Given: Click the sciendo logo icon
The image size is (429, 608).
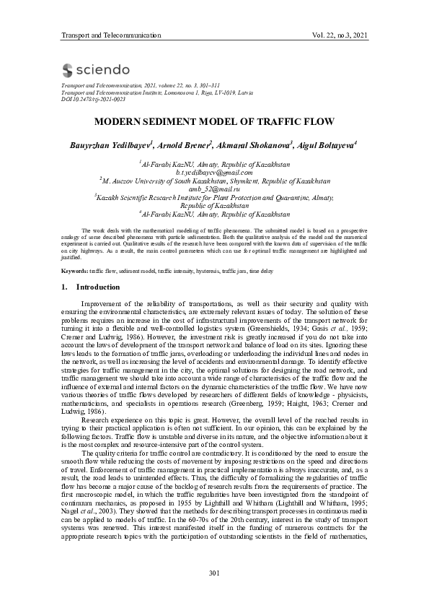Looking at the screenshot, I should coord(68,70).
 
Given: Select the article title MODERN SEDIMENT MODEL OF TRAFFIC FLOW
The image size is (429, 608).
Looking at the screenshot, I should coord(214,122).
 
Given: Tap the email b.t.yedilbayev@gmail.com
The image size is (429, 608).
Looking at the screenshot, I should coord(214,173).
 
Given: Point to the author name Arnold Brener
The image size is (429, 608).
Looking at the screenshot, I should coord(185,145).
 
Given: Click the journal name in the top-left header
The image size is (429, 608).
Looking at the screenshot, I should coord(110,35).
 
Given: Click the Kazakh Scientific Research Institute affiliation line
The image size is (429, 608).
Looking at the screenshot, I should coord(214,196).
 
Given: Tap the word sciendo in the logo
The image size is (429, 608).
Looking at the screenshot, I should coord(104,70).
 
